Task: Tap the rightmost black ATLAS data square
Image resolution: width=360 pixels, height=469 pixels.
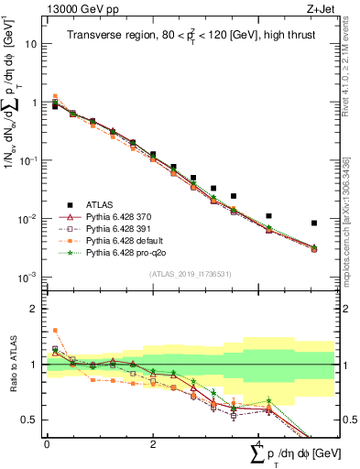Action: coord(314,223)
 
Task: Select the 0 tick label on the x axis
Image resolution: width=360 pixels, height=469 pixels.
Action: coord(47,444)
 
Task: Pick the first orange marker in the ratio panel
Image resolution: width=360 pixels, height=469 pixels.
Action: coord(55,330)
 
